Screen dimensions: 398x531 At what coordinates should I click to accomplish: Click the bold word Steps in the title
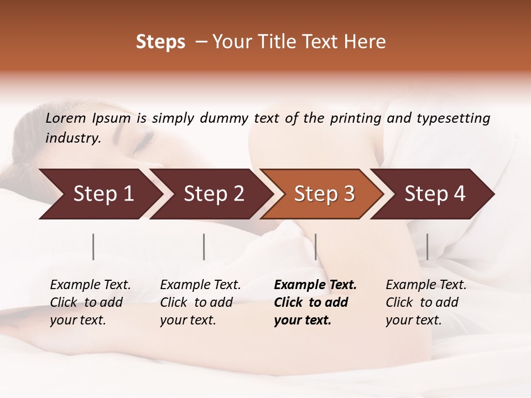coord(160,42)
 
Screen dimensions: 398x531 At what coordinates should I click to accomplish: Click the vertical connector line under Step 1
coord(93,247)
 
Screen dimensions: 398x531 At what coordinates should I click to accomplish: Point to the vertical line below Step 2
coord(204,247)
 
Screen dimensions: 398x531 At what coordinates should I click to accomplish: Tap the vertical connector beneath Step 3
coord(315,247)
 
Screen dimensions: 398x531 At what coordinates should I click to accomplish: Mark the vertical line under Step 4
coord(427,247)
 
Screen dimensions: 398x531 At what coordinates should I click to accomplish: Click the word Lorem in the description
coord(66,118)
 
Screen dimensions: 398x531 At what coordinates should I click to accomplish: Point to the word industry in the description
coord(72,138)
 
